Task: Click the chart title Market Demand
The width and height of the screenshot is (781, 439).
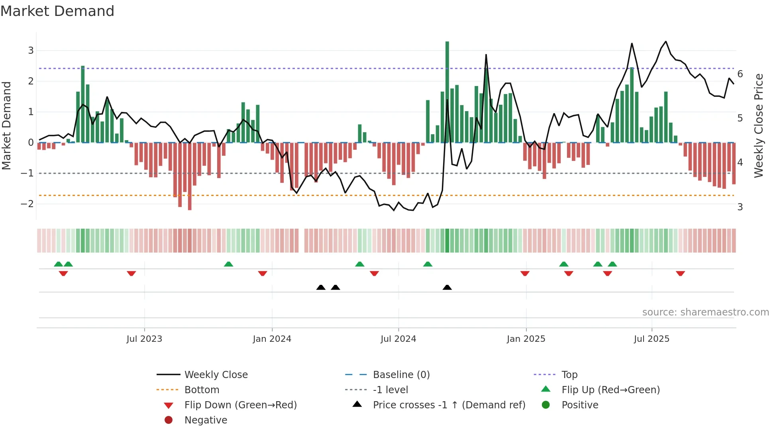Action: tap(57, 11)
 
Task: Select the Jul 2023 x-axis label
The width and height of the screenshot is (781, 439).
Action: tap(144, 339)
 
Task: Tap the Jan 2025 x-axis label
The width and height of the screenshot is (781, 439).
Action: tap(526, 339)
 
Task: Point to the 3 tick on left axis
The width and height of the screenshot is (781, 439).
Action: tap(31, 51)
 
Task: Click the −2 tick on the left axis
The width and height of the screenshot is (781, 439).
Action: tap(27, 204)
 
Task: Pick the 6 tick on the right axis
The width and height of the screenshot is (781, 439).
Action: tap(740, 74)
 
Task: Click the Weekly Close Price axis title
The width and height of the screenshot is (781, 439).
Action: tap(759, 125)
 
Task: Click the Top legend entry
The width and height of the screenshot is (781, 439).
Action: tap(569, 375)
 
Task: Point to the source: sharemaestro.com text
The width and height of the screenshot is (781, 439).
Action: tap(705, 312)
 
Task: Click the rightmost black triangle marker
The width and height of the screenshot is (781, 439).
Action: tap(447, 287)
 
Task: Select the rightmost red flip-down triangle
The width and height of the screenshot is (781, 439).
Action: tap(680, 273)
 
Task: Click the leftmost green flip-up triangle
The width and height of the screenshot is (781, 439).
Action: tap(59, 264)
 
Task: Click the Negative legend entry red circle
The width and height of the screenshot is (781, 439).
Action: tap(169, 420)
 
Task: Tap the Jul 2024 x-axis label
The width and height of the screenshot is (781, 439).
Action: tap(398, 339)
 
